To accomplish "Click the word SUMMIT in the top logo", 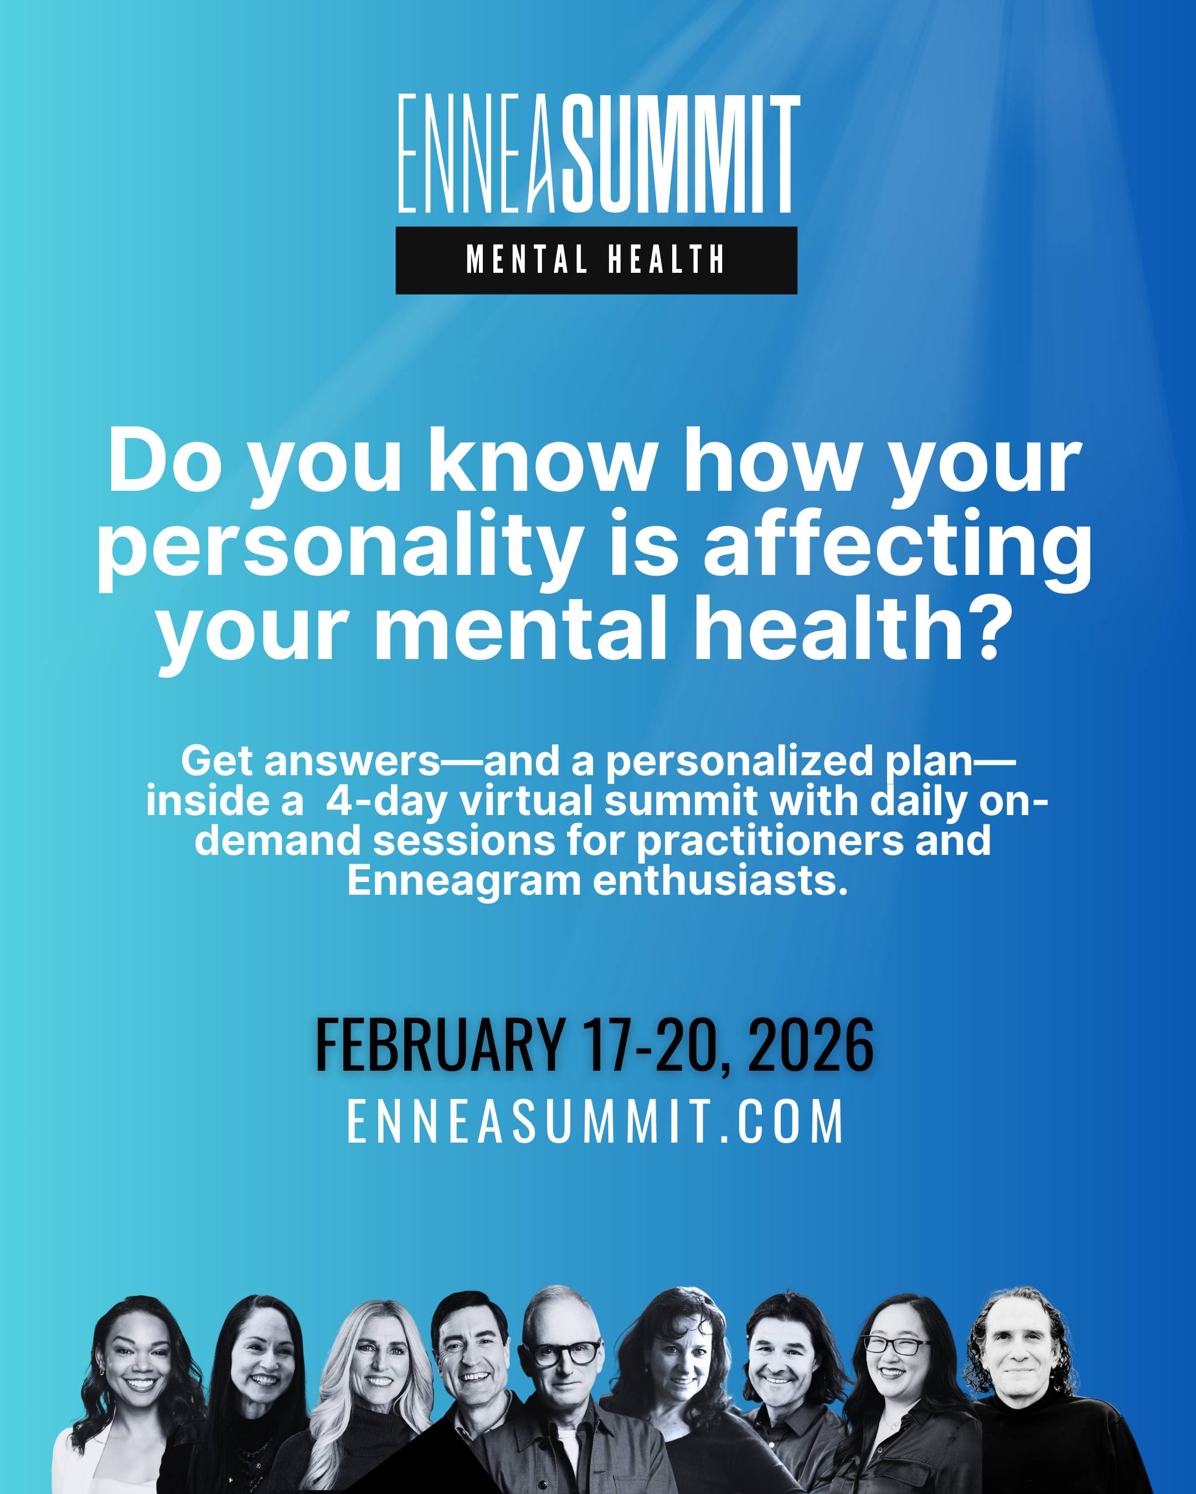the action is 680,154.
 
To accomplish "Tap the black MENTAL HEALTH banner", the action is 596,260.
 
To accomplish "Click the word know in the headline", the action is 542,461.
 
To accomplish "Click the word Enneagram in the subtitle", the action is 464,881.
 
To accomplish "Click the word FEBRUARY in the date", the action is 440,1044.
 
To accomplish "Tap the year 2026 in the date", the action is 811,1044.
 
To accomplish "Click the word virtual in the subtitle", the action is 530,801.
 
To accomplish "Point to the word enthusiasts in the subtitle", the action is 721,881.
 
